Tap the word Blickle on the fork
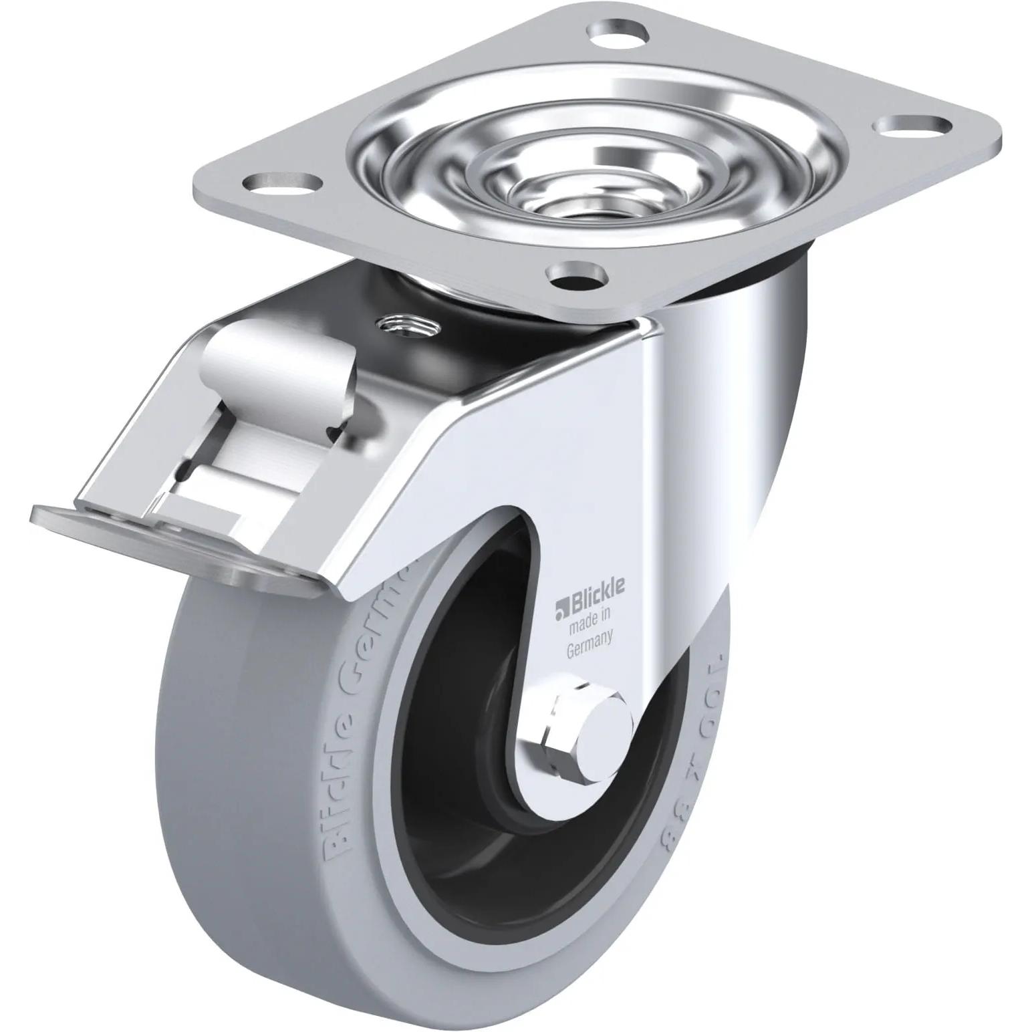596,586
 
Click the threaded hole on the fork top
406,326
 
